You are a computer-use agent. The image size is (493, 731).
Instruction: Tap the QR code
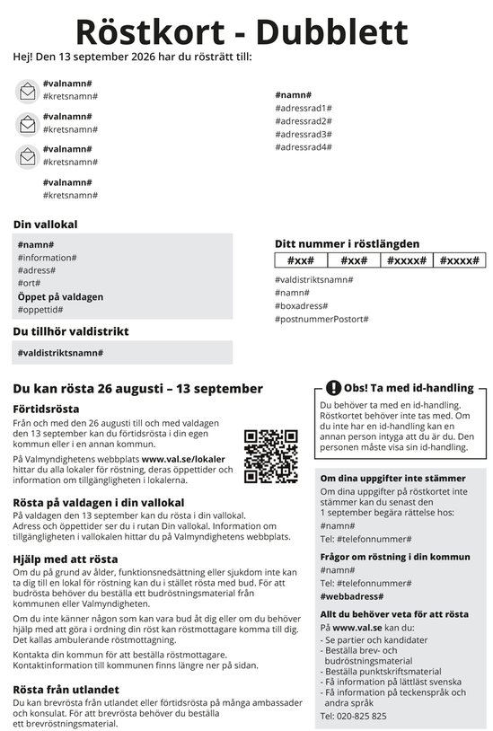tap(270, 456)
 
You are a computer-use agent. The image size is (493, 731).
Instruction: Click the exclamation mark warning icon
tap(333, 388)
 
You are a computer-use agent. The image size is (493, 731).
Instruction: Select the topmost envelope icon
tap(27, 91)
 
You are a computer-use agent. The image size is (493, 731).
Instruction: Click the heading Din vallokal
tap(45, 225)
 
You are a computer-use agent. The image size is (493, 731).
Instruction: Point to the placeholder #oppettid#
tap(40, 310)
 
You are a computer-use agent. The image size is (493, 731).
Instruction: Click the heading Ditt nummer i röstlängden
tap(347, 243)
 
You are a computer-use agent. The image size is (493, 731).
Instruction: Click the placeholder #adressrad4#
tap(304, 147)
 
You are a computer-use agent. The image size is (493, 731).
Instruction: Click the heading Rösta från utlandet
tap(66, 689)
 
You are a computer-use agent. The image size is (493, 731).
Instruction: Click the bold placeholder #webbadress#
tap(352, 596)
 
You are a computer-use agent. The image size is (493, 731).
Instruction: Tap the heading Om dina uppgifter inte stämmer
tap(392, 479)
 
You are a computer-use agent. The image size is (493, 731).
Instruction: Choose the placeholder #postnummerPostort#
tap(321, 319)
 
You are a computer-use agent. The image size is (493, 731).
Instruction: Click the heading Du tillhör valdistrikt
tap(71, 331)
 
